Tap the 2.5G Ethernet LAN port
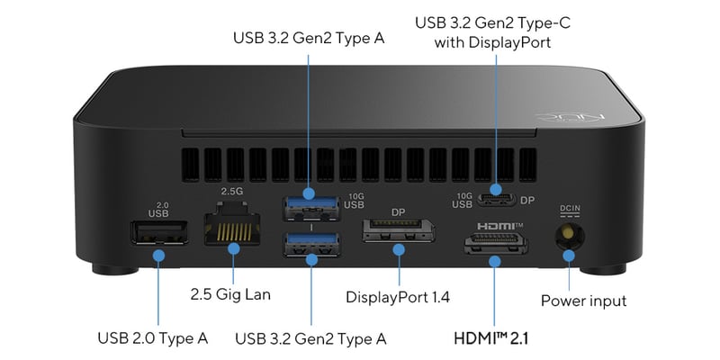point(232,230)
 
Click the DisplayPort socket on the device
point(397,232)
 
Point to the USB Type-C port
point(495,199)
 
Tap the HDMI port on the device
point(494,244)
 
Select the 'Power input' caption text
point(583,301)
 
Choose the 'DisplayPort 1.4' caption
point(398,296)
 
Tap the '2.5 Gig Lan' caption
point(230,294)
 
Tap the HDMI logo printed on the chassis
point(494,223)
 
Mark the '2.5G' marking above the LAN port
point(232,192)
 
